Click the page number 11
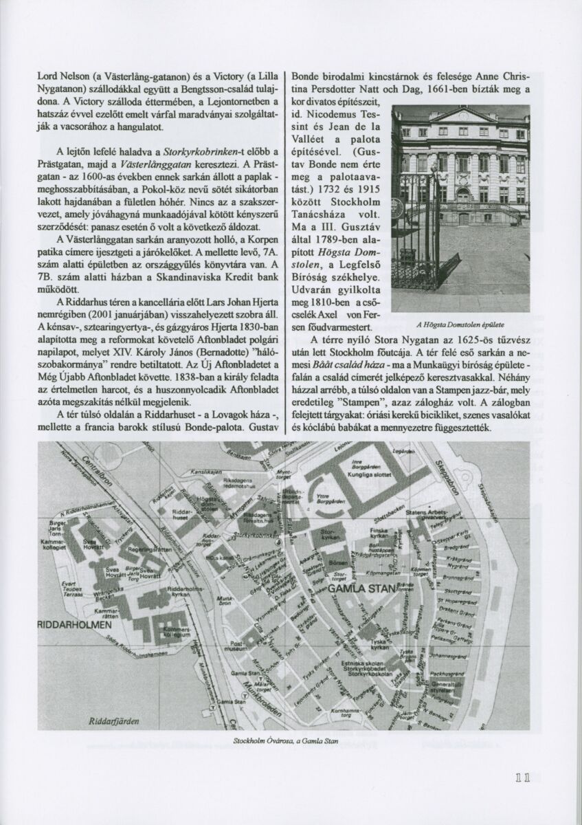coord(522,778)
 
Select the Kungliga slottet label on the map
coord(370,474)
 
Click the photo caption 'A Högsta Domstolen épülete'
coord(460,324)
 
